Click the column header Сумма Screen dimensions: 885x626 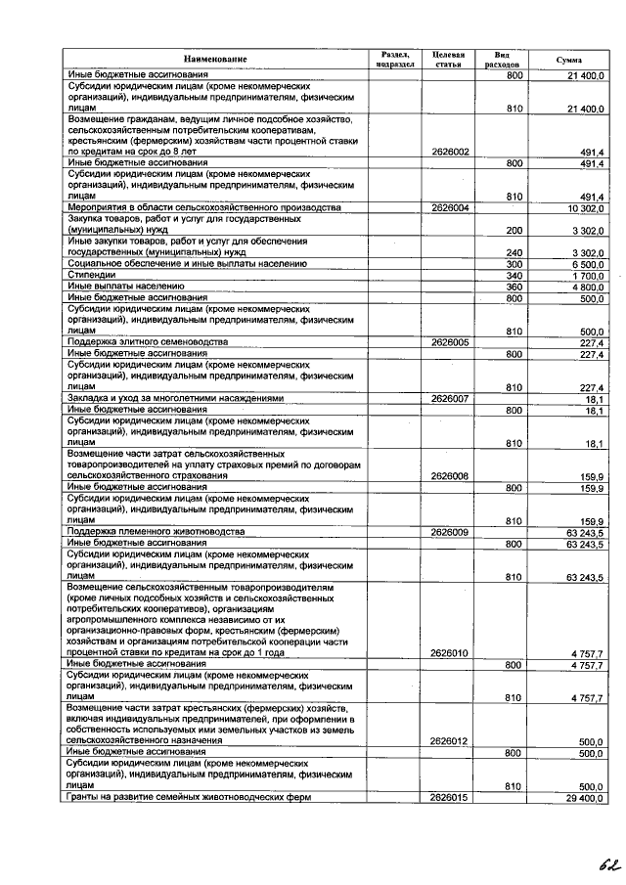(x=568, y=60)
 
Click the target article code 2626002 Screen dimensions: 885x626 (x=449, y=153)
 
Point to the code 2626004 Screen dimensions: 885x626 (x=449, y=208)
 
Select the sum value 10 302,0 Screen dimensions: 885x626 (x=585, y=208)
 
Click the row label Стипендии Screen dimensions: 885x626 (x=89, y=275)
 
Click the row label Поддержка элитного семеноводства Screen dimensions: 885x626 (x=147, y=342)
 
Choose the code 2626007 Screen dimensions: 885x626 (x=449, y=398)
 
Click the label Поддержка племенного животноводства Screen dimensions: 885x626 (x=154, y=531)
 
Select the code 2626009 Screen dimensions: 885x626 (x=449, y=531)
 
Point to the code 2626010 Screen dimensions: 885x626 (x=449, y=652)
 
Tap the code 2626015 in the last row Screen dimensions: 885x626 (x=449, y=798)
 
